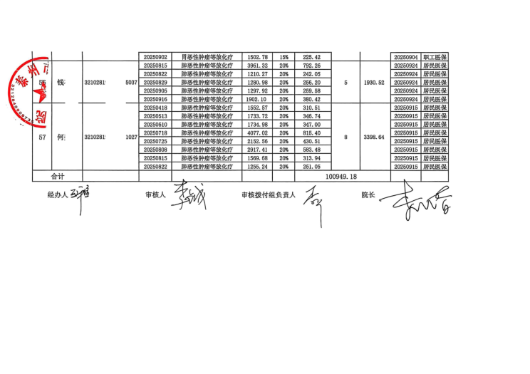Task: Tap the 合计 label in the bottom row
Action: point(57,175)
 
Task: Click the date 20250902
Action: point(155,57)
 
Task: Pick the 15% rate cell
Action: point(284,57)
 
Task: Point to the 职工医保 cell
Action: point(434,57)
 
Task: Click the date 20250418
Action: point(155,108)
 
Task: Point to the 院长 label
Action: point(368,194)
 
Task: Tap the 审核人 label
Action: point(155,194)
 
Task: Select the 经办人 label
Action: point(57,194)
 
